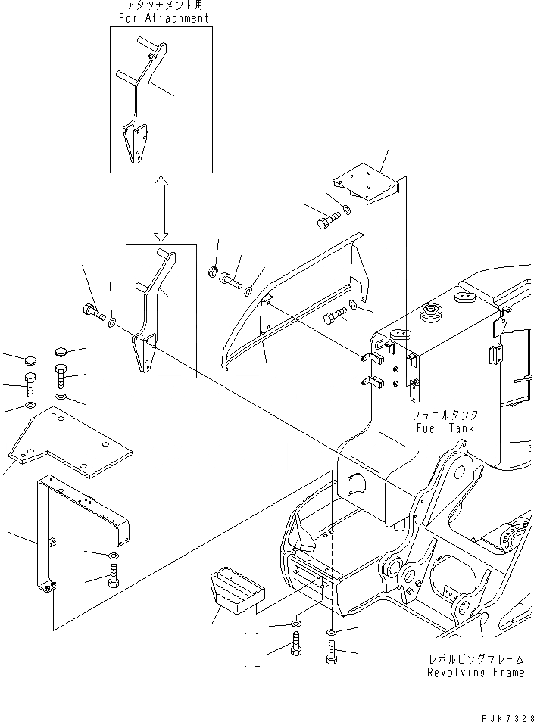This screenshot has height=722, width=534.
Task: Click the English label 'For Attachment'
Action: click(160, 17)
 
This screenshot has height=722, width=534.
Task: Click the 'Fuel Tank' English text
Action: click(445, 428)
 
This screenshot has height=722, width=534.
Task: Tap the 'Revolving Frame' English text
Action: click(475, 672)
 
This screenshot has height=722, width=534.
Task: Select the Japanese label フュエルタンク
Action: click(445, 415)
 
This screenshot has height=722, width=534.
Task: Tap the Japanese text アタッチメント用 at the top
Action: click(160, 6)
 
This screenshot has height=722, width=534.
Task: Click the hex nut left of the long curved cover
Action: click(214, 271)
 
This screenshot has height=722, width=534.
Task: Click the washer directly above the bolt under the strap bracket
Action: click(112, 559)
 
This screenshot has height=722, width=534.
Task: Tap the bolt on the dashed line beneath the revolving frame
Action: click(332, 652)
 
